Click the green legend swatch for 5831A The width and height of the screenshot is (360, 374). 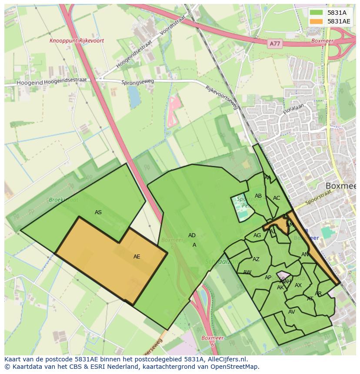click(x=317, y=13)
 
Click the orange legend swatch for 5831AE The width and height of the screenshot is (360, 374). click(x=317, y=21)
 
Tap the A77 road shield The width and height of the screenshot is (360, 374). click(x=274, y=43)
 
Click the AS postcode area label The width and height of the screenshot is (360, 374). click(x=98, y=212)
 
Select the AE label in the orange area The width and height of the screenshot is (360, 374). click(x=137, y=257)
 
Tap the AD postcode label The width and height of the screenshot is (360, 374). click(x=192, y=235)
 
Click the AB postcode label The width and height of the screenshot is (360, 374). click(x=258, y=196)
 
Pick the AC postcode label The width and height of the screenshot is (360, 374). click(x=277, y=198)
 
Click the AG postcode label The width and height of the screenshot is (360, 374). click(x=257, y=235)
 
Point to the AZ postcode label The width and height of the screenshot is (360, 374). click(x=256, y=259)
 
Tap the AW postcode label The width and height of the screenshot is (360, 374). click(x=247, y=272)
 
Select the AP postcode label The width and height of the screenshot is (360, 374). click(x=268, y=278)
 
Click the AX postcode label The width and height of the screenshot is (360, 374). click(x=298, y=285)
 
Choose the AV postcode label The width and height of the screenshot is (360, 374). click(x=291, y=312)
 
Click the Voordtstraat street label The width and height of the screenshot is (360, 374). click(x=173, y=25)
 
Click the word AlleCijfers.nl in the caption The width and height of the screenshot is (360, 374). click(x=226, y=359)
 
